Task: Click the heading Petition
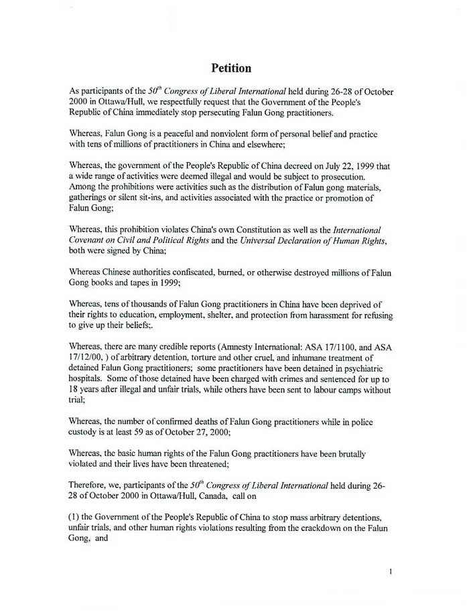(x=231, y=68)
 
